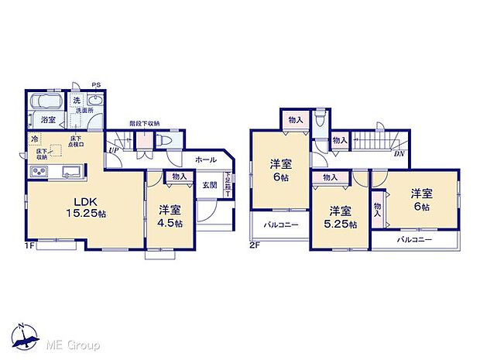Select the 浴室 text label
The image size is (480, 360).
click(48, 120)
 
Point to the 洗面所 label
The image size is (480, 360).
click(83, 111)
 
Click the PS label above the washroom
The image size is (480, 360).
click(96, 85)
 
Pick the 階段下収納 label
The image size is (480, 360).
click(144, 124)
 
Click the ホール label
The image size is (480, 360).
click(205, 159)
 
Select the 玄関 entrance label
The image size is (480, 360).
click(210, 184)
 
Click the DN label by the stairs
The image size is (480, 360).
click(399, 154)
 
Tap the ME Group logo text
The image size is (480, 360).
click(74, 344)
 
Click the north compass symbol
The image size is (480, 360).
click(28, 338)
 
